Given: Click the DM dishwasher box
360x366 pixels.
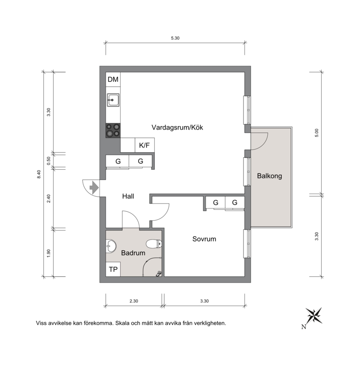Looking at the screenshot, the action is pyautogui.click(x=113, y=79).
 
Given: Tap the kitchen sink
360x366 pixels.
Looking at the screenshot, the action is pyautogui.click(x=113, y=100).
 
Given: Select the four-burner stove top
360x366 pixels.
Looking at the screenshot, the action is pyautogui.click(x=113, y=131).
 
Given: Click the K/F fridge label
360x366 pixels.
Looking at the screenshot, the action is pyautogui.click(x=144, y=145).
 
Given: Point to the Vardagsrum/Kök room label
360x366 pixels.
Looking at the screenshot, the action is pyautogui.click(x=177, y=127).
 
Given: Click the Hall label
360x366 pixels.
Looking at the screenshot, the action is pyautogui.click(x=128, y=196).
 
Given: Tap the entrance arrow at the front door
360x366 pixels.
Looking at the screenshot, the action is pyautogui.click(x=94, y=187).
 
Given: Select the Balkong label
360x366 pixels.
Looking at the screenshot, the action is pyautogui.click(x=270, y=176).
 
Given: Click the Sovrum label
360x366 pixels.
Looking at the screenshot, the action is pyautogui.click(x=204, y=239).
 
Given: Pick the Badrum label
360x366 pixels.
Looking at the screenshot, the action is pyautogui.click(x=133, y=253).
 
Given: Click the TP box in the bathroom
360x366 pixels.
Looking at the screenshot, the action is pyautogui.click(x=113, y=269).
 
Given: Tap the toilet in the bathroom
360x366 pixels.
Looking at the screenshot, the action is pyautogui.click(x=154, y=244).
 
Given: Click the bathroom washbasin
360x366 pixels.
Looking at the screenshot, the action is pyautogui.click(x=111, y=246).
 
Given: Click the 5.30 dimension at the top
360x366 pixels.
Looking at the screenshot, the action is pyautogui.click(x=175, y=38).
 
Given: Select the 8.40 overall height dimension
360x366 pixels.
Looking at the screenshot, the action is pyautogui.click(x=39, y=174).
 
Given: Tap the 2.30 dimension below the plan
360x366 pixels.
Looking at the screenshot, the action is pyautogui.click(x=134, y=301).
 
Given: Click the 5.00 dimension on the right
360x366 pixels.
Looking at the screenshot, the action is pyautogui.click(x=317, y=133).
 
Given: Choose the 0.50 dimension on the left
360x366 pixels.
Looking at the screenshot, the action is pyautogui.click(x=49, y=161).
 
